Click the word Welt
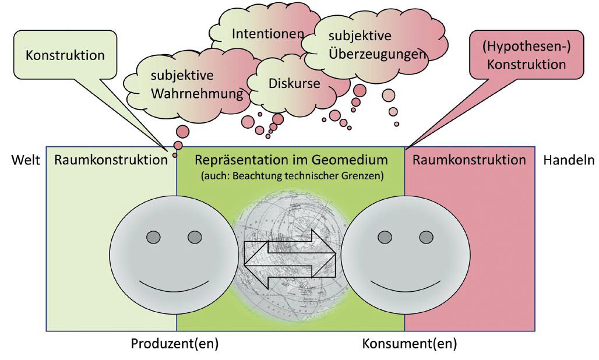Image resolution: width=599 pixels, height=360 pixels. click(26, 160)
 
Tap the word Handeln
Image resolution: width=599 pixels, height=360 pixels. click(569, 160)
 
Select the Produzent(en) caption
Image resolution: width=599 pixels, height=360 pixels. click(175, 344)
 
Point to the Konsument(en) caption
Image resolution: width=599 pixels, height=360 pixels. click(410, 344)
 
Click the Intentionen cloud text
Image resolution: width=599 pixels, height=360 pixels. click(268, 34)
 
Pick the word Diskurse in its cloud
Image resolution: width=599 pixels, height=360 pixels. click(294, 83)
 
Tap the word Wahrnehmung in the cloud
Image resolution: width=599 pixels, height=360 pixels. click(197, 94)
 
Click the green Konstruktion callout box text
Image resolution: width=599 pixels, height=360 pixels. click(65, 55)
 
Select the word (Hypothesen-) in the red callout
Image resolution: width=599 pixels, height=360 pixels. click(526, 47)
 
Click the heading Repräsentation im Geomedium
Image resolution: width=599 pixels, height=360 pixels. click(291, 160)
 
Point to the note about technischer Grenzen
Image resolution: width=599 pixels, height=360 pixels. click(292, 176)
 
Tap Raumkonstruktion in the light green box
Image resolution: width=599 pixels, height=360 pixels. click(111, 160)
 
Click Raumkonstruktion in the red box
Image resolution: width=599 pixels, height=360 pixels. click(469, 160)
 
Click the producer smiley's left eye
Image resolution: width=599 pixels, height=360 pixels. click(154, 237)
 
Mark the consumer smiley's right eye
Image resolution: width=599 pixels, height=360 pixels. click(427, 237)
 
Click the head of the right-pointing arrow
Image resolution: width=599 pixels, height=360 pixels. click(324, 253)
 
